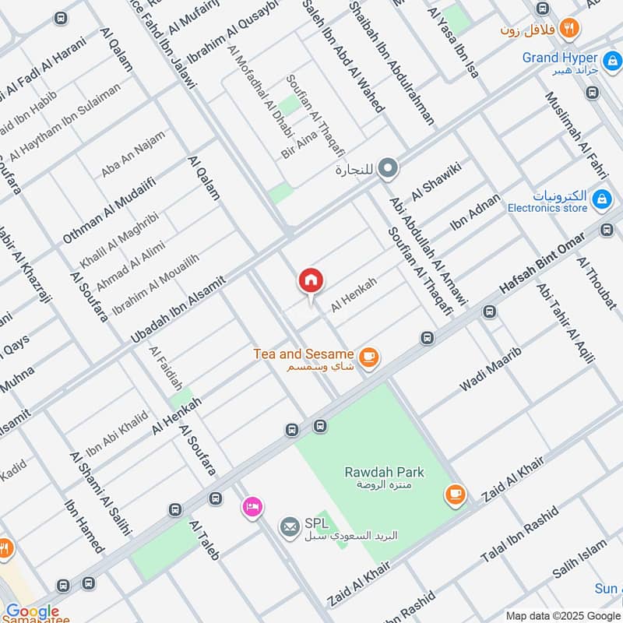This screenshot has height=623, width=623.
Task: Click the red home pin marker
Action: [311, 281]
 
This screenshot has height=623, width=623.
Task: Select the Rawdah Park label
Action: [384, 472]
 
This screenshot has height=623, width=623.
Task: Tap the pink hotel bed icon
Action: [252, 507]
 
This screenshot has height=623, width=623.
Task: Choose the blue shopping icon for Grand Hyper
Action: [611, 58]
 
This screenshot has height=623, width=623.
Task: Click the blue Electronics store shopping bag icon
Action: [600, 200]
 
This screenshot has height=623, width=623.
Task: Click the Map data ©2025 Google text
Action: [561, 614]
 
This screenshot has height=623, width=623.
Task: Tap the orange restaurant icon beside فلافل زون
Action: [570, 27]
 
